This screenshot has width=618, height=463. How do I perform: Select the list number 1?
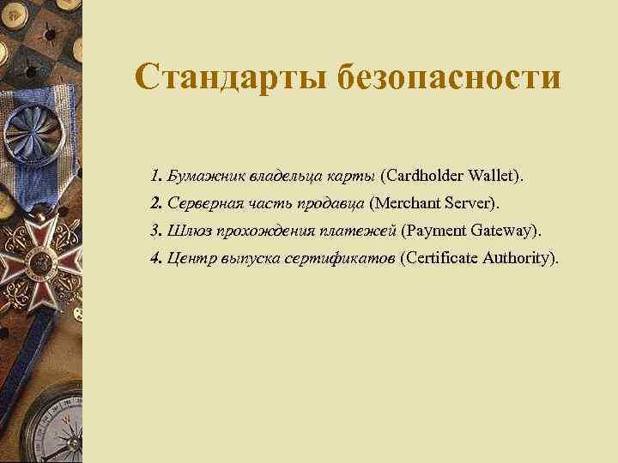[x=154, y=177]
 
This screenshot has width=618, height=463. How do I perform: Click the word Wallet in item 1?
[x=496, y=177]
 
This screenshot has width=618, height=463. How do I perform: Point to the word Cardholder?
[x=423, y=177]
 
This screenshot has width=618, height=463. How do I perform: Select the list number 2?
[x=154, y=204]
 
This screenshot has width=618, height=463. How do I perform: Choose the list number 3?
[x=154, y=231]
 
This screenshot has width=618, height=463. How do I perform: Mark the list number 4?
[x=154, y=258]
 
